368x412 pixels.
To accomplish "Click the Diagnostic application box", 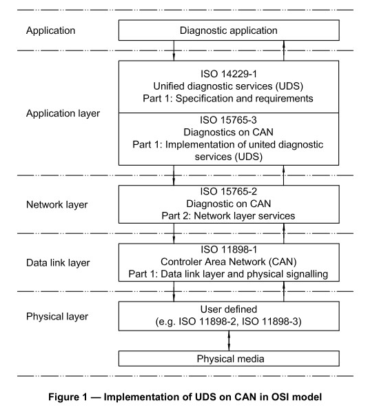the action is (229, 30).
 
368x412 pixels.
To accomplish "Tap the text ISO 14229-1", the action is (229, 74).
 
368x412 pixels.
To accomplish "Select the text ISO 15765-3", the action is (228, 120).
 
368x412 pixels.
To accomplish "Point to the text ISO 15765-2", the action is (229, 191).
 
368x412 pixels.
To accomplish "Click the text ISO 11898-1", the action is (229, 250).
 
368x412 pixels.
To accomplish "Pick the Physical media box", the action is (229, 358).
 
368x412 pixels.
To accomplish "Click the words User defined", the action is (229, 309).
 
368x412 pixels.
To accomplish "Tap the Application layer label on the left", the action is (63, 113).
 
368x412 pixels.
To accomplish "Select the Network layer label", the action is (57, 205).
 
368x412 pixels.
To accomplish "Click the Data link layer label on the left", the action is (58, 263).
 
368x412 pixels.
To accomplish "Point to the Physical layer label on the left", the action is (57, 316).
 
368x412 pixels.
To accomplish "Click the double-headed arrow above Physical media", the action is (229, 340).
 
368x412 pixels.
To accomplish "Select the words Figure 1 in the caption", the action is (68, 397).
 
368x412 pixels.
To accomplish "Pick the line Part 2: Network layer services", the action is (228, 216).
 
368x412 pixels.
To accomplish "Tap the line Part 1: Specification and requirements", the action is (228, 99).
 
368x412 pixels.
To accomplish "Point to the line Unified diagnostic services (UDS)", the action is (228, 86).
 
